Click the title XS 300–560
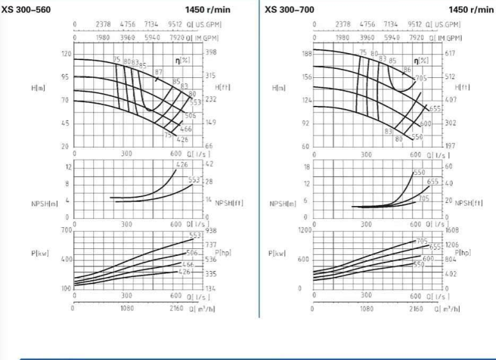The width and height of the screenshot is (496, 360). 27,10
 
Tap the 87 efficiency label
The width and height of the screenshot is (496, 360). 158,71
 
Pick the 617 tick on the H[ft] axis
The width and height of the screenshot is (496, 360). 451,54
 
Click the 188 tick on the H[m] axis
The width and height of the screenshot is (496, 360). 306,54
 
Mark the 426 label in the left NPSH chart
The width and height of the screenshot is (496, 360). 182,165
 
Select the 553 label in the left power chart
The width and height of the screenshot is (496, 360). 195,236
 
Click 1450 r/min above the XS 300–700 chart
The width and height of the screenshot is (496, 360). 471,10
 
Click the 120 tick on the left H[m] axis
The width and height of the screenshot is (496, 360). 66,54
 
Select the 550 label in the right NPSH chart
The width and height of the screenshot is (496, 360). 419,172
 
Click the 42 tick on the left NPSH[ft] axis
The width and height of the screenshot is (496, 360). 209,165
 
